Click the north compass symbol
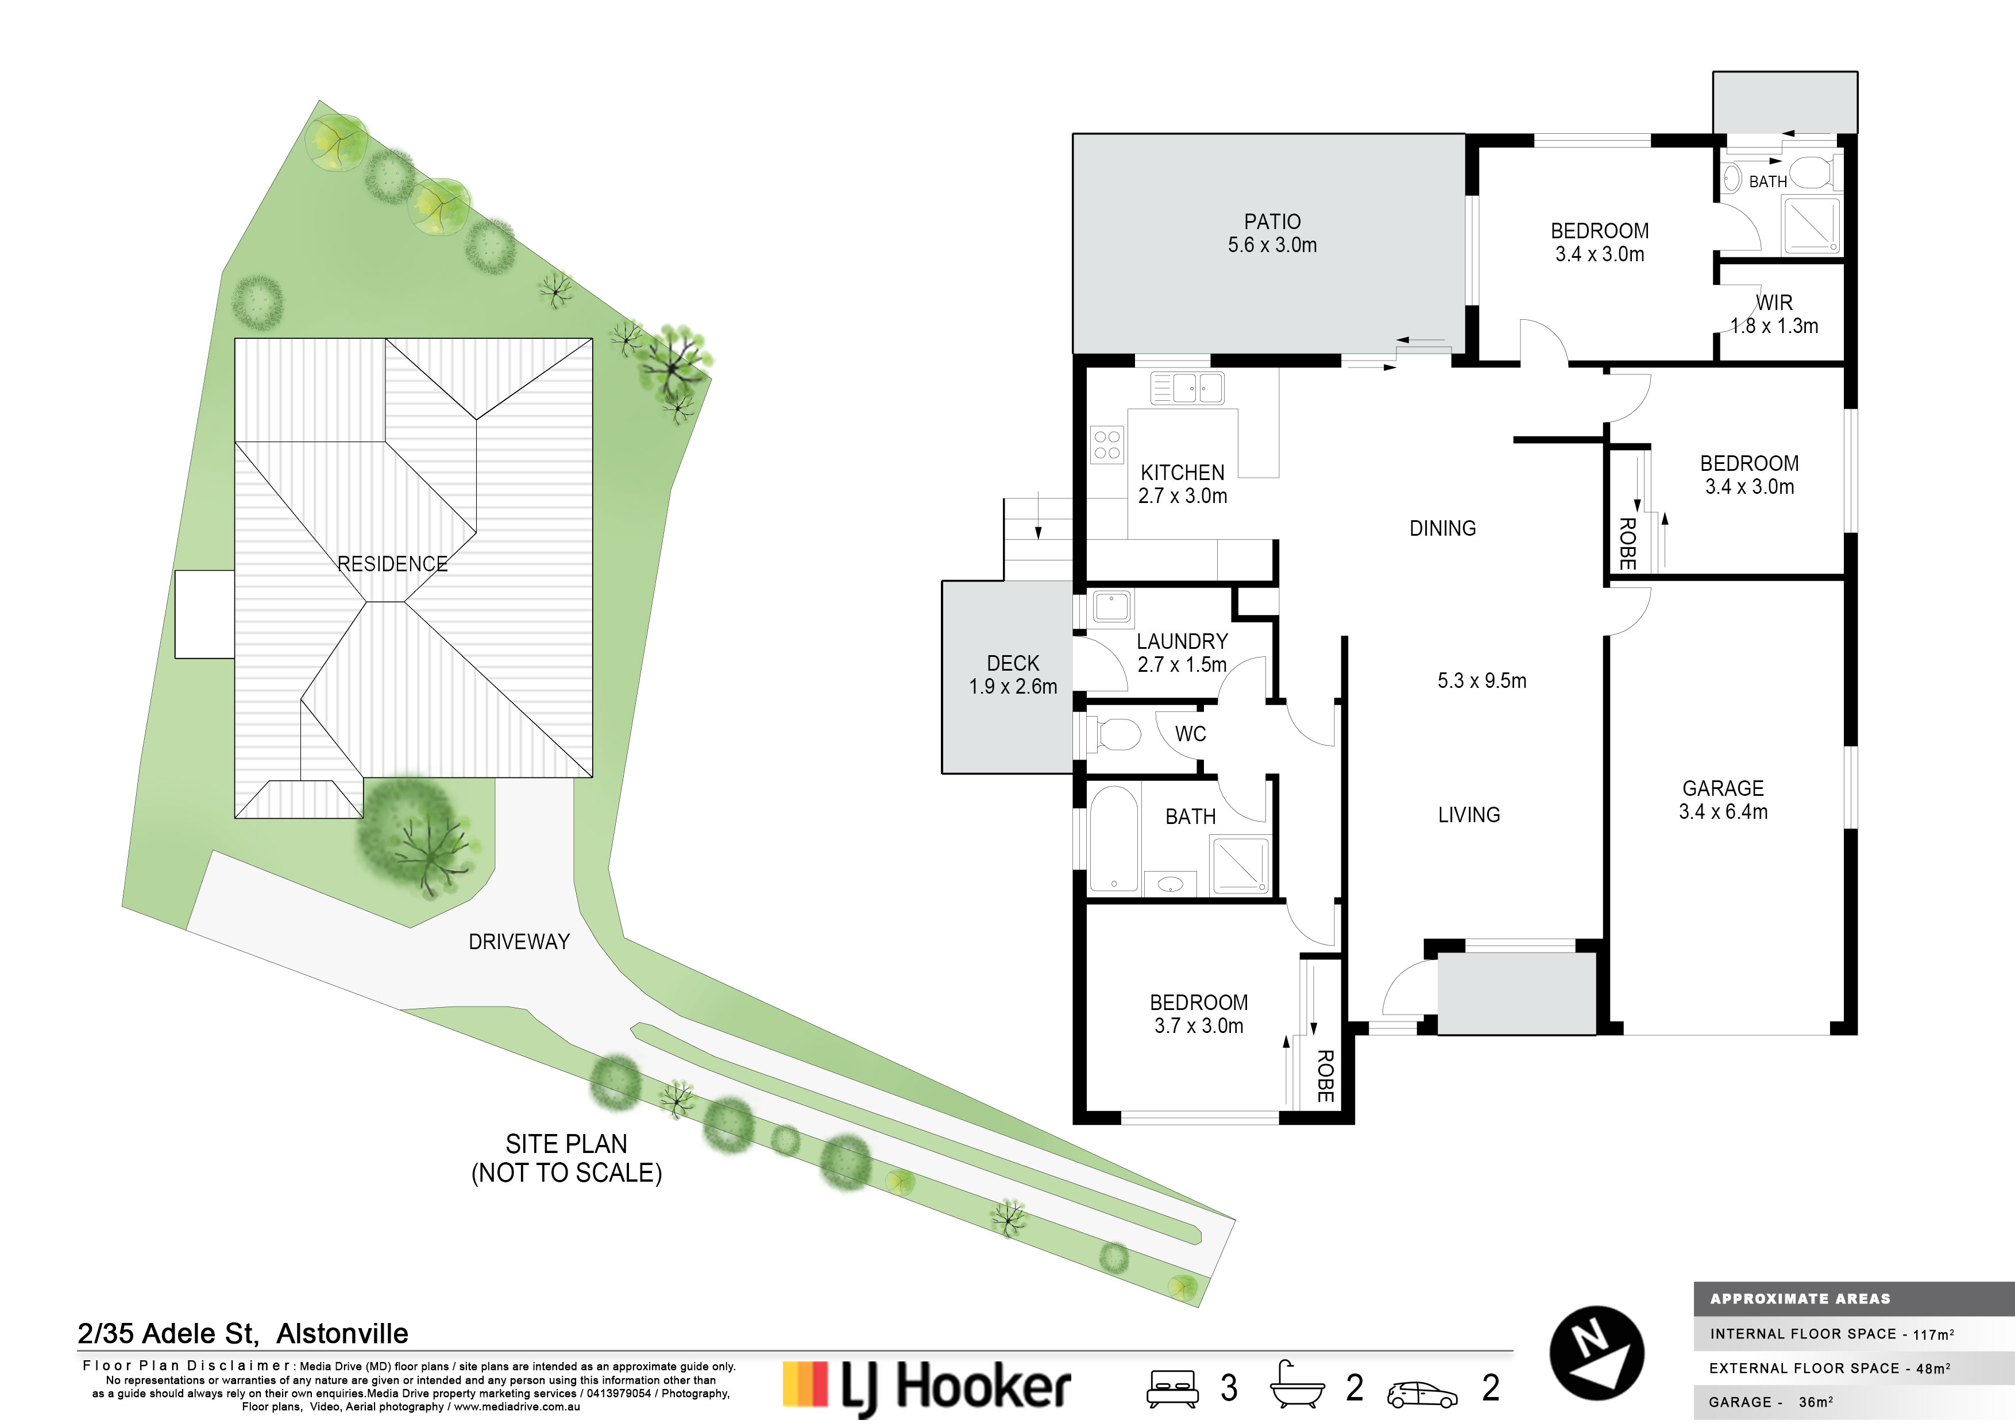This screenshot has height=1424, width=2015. (1596, 1353)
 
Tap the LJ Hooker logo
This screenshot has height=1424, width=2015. (926, 1387)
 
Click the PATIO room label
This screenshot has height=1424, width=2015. (1272, 222)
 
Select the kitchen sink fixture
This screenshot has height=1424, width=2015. (1187, 388)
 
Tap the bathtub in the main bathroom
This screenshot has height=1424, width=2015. (1114, 839)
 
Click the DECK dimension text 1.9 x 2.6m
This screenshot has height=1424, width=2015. (1013, 686)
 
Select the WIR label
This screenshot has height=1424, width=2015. (1774, 303)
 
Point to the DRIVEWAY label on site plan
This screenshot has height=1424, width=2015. (519, 942)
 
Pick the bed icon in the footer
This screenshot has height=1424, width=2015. (1172, 1388)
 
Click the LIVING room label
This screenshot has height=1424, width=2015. (1469, 815)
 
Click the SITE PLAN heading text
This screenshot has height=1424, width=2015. (566, 1144)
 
